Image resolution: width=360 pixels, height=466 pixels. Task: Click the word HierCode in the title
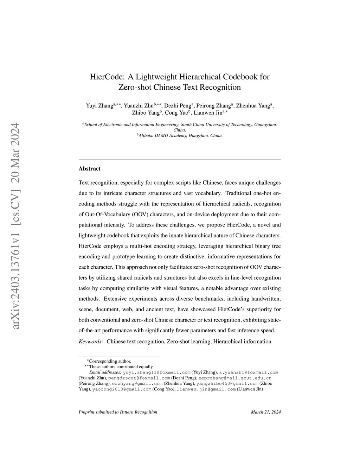105,77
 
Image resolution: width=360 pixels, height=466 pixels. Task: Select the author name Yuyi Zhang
99,106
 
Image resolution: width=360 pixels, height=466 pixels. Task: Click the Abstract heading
89,169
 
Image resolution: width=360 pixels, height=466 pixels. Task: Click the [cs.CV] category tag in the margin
15,188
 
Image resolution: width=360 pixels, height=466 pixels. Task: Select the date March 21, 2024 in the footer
266,412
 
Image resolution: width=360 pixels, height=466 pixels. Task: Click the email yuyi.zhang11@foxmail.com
156,372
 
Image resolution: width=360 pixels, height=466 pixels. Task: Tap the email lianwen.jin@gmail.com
206,389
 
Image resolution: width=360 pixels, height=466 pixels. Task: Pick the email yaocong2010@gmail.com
122,389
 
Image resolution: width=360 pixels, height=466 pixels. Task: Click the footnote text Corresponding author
110,361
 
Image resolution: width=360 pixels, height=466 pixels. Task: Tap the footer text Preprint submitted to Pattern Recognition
118,412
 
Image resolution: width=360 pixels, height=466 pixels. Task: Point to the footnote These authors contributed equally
121,366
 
